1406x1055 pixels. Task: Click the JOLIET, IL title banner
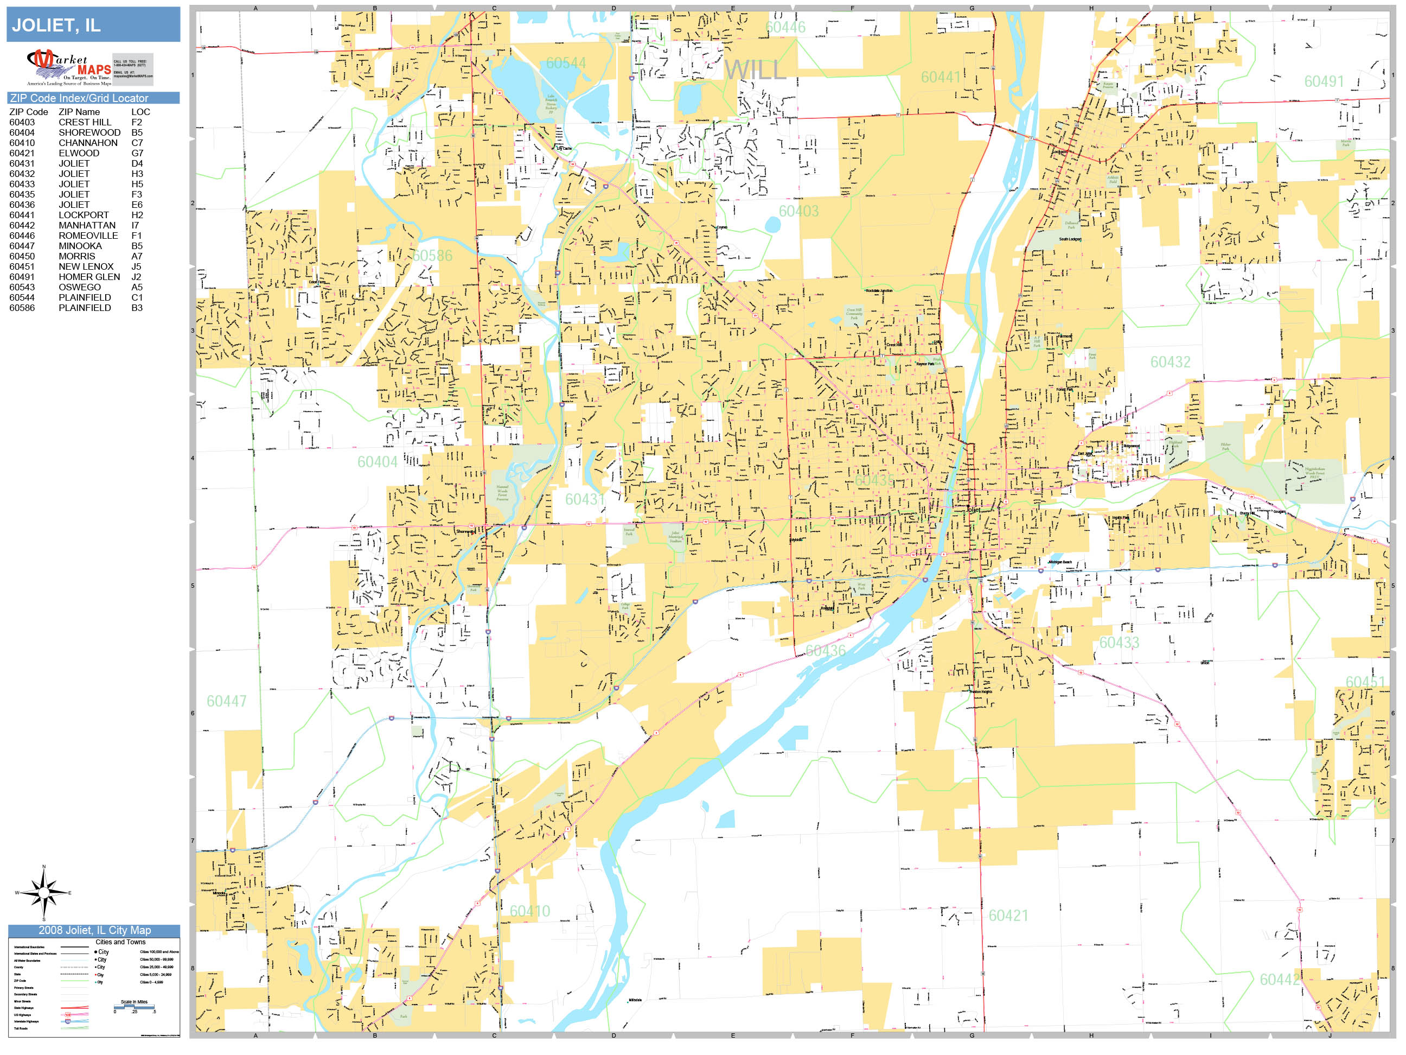click(x=93, y=25)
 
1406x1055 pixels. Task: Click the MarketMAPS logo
click(x=69, y=67)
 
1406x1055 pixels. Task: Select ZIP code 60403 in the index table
click(x=22, y=122)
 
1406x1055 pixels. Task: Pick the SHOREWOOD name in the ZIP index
click(x=89, y=132)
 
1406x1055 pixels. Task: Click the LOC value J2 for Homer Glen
click(x=136, y=277)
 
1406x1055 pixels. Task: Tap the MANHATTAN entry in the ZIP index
click(x=87, y=225)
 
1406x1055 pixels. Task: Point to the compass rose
click(x=43, y=893)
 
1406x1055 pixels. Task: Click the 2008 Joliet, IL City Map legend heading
click(x=94, y=930)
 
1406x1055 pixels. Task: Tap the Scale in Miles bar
click(x=134, y=1007)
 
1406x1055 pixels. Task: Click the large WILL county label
click(x=755, y=70)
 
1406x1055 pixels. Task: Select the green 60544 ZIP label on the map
click(x=566, y=63)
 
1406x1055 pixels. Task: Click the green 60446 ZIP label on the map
click(x=785, y=27)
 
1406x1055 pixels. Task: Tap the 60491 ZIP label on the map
click(x=1324, y=81)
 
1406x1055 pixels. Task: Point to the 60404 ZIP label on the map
click(x=377, y=462)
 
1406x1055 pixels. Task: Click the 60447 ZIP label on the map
click(x=226, y=701)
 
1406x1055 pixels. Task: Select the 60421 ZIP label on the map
click(x=1008, y=915)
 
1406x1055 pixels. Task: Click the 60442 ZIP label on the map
click(x=1280, y=980)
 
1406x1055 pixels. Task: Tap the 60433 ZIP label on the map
click(x=1120, y=643)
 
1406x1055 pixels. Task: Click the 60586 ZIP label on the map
click(x=432, y=256)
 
